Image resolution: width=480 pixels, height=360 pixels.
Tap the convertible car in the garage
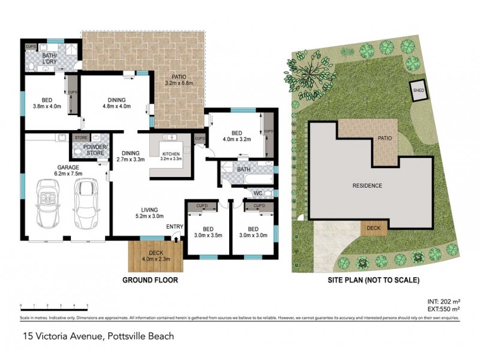coord(50,204)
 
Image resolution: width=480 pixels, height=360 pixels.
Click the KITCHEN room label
coord(171,154)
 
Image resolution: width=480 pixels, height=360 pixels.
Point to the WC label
coord(258,193)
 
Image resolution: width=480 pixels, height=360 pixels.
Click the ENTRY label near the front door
coord(175,226)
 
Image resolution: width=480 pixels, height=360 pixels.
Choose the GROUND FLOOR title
coord(150,280)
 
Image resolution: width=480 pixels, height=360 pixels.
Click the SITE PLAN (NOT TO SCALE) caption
coord(373,280)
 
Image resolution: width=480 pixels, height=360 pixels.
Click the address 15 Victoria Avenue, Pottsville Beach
coord(98,337)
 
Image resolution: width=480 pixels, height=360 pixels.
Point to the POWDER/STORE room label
coord(95,150)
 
